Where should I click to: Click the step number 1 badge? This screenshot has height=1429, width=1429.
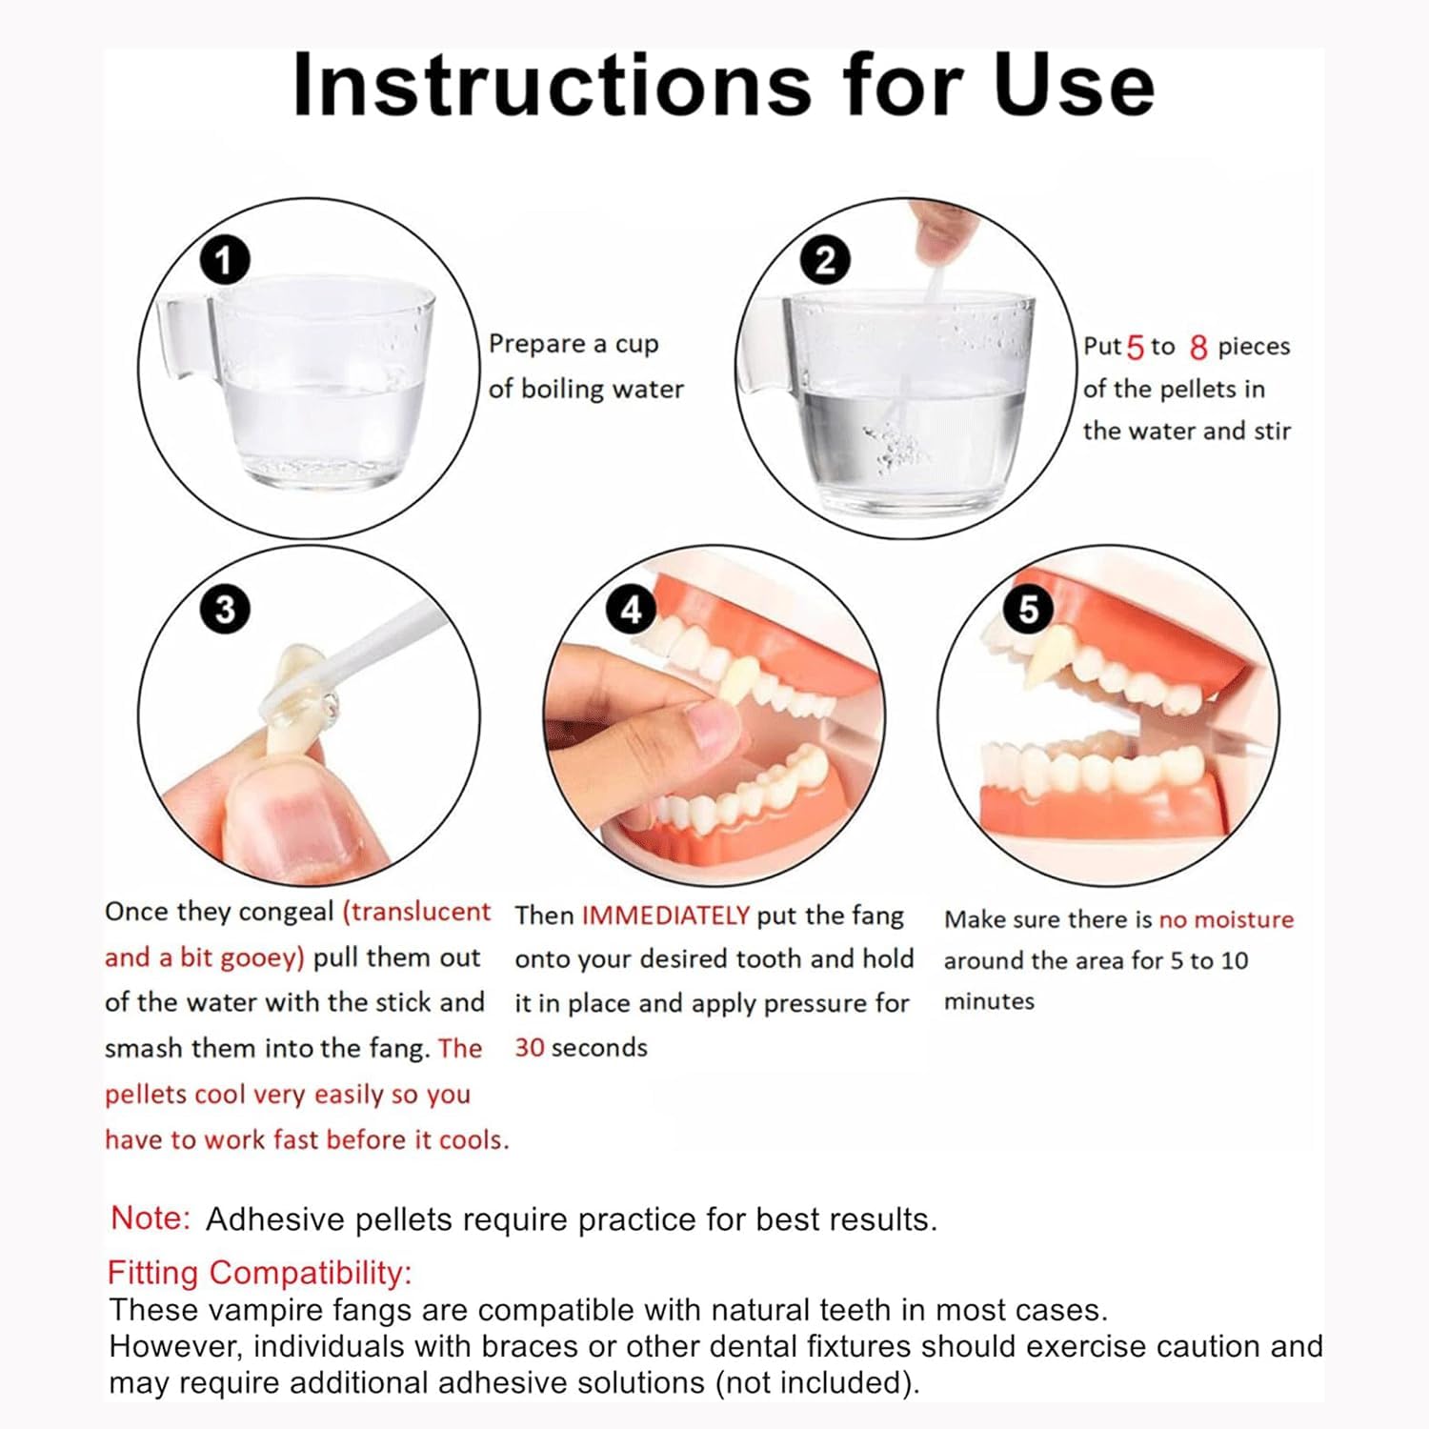point(225,260)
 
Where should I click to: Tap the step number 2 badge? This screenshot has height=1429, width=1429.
point(825,260)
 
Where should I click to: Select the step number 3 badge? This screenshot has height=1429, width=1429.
point(225,609)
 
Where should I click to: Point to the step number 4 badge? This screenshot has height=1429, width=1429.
point(632,609)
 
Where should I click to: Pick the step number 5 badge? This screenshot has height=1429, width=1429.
point(1028,609)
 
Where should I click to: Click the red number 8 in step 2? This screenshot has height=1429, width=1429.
point(1198,348)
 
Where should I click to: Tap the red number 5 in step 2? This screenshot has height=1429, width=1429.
point(1135,348)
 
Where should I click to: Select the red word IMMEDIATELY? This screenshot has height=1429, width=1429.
point(666,916)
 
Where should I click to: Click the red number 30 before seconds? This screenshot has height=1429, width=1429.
point(530,1048)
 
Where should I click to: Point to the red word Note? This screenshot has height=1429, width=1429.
point(151,1218)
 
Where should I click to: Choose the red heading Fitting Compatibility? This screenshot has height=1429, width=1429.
point(259,1273)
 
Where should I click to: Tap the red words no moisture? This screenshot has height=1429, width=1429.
point(1226,919)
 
